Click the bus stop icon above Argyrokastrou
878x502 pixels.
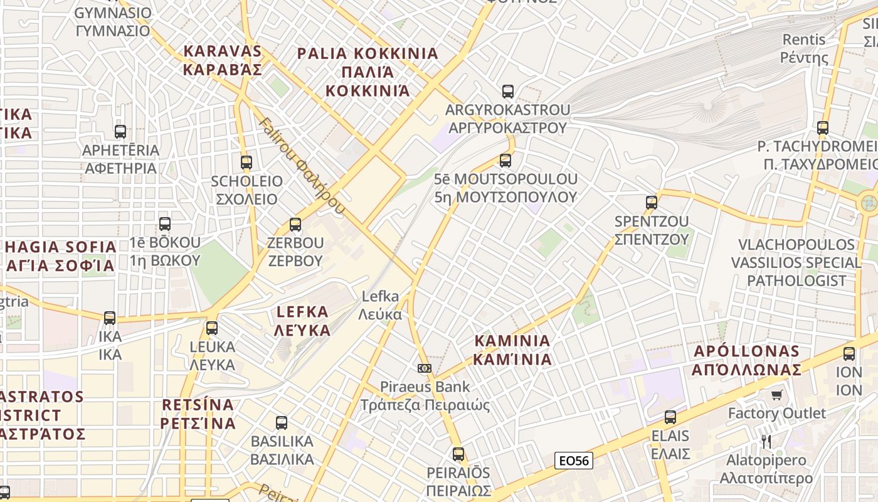coord(508,92)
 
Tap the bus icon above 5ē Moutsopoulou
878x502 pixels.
coord(505,161)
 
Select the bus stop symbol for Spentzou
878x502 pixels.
coord(652,203)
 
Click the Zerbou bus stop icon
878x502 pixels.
coord(295,224)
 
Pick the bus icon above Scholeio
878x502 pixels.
coord(246,163)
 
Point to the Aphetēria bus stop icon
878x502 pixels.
coord(120,132)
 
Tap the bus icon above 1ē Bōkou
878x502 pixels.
coord(165,224)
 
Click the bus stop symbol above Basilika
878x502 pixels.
coord(282,423)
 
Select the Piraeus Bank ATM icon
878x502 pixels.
coord(425,368)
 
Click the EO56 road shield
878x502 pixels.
coord(574,461)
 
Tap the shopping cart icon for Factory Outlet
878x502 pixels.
coord(777,395)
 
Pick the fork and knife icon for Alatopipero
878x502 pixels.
coord(766,442)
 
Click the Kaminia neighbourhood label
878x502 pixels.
coord(512,350)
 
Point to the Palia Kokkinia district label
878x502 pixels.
coord(368,72)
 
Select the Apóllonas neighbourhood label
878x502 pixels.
coord(746,360)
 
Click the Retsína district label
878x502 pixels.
coord(198,414)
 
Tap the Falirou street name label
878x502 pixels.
coord(302,166)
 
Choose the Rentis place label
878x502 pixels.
coord(804,49)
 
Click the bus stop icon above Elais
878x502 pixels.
coord(670,417)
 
